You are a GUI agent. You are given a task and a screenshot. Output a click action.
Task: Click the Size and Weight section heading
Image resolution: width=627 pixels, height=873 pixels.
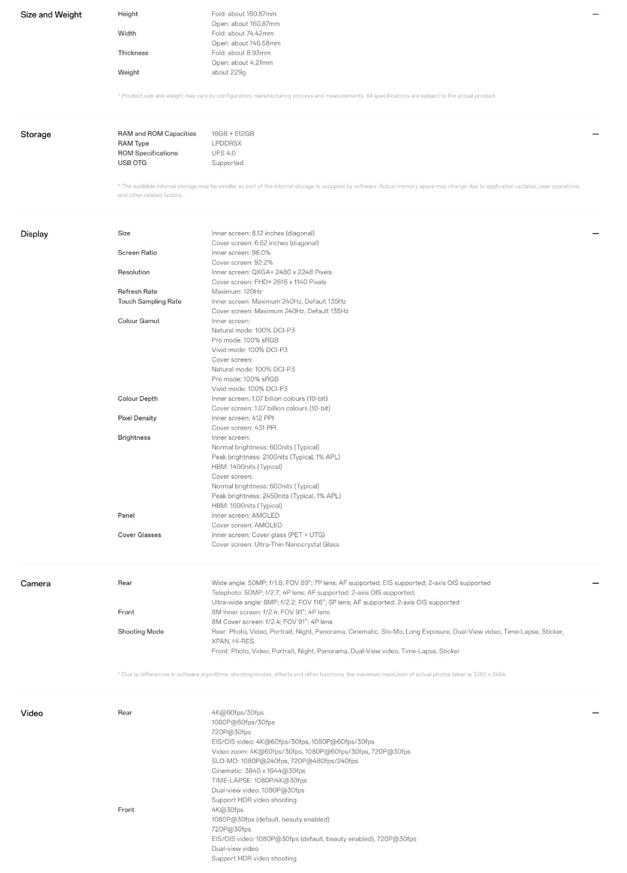[x=51, y=14]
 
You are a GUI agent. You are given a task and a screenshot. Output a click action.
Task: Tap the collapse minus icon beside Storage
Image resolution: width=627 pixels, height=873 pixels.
[x=595, y=134]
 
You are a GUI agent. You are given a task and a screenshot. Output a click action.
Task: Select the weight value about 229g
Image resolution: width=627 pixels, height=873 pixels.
[x=228, y=72]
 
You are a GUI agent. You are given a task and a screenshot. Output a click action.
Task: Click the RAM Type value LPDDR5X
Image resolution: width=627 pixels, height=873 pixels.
[x=226, y=143]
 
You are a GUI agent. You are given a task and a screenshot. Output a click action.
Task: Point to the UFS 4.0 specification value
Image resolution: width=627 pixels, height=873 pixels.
[x=223, y=153]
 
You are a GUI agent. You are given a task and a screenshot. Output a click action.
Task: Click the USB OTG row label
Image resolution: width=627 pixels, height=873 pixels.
[x=132, y=163]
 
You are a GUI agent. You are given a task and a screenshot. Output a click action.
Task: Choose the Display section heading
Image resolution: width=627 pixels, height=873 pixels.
[x=34, y=234]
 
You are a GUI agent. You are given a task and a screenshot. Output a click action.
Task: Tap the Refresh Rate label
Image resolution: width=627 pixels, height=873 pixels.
[x=137, y=292]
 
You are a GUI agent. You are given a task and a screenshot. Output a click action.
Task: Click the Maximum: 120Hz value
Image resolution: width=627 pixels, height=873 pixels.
[x=236, y=292]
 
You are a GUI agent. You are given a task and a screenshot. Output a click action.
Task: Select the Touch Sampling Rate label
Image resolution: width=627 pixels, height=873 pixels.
[x=149, y=301]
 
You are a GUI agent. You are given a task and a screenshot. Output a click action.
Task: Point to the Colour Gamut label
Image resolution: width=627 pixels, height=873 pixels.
[x=139, y=321]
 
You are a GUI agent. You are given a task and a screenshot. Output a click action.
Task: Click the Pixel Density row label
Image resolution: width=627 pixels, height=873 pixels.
[x=137, y=418]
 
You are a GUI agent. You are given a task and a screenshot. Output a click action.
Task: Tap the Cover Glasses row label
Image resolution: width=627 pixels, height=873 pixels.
[x=139, y=535]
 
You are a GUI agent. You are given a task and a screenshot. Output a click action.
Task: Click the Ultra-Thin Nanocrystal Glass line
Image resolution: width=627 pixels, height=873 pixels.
[x=275, y=545]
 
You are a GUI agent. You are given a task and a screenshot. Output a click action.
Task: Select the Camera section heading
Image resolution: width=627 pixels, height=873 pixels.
[x=35, y=584]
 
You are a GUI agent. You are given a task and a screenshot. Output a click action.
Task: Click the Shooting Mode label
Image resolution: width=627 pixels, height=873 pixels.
[x=140, y=631]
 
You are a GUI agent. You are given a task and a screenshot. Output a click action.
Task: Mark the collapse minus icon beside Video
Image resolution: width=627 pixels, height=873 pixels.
[x=595, y=713]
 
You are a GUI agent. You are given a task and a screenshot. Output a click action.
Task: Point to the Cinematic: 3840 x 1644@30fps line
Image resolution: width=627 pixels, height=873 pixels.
[x=258, y=771]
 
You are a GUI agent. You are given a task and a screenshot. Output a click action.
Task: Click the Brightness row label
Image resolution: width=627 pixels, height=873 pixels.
[x=134, y=437]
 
